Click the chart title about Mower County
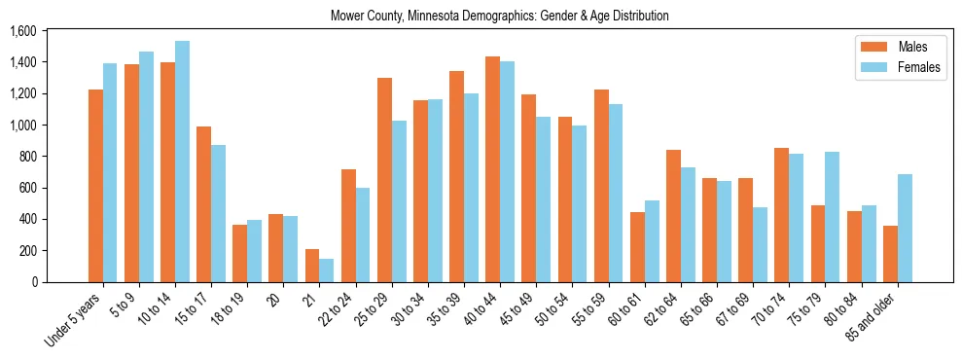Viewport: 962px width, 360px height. pos(499,17)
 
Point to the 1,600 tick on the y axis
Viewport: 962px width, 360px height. pos(22,31)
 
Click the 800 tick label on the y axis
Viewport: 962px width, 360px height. pos(27,157)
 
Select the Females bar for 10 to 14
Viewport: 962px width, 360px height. pos(182,162)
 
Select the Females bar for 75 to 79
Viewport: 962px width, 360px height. pos(832,217)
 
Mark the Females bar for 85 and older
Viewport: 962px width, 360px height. pos(905,229)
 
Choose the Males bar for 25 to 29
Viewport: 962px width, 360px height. pos(384,180)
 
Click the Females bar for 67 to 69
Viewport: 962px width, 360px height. pos(760,244)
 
